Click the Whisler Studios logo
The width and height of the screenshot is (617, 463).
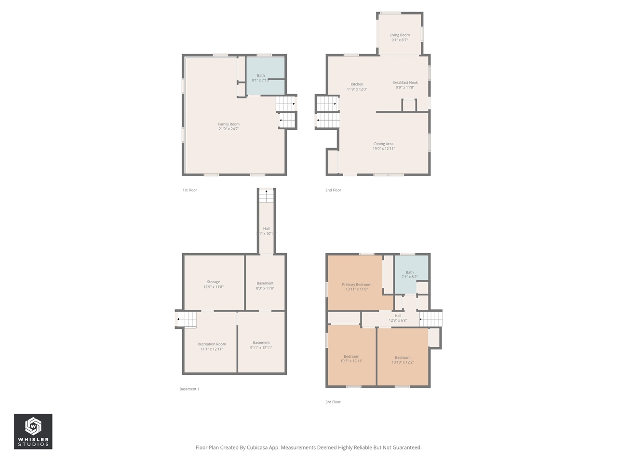pyautogui.click(x=33, y=431)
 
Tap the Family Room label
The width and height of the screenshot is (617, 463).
pyautogui.click(x=228, y=124)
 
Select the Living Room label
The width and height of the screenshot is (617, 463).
pyautogui.click(x=400, y=35)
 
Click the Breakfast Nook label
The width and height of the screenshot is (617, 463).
pyautogui.click(x=405, y=82)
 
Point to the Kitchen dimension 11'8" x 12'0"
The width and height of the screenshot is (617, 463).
pyautogui.click(x=357, y=89)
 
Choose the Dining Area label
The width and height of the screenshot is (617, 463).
pyautogui.click(x=384, y=144)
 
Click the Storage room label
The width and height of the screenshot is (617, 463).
pyautogui.click(x=214, y=282)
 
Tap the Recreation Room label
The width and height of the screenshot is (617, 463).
pyautogui.click(x=212, y=344)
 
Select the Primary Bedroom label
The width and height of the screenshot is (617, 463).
pyautogui.click(x=357, y=285)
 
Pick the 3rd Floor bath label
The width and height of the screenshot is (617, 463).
pyautogui.click(x=410, y=272)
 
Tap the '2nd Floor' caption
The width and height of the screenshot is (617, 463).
pyautogui.click(x=333, y=190)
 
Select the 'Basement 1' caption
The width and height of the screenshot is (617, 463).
pyautogui.click(x=189, y=389)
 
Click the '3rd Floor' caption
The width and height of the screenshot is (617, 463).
pyautogui.click(x=333, y=402)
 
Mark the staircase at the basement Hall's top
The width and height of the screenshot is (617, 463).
pyautogui.click(x=266, y=196)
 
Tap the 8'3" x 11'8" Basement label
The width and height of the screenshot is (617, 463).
pyautogui.click(x=265, y=283)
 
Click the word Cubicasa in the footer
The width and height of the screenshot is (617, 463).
pyautogui.click(x=258, y=448)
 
